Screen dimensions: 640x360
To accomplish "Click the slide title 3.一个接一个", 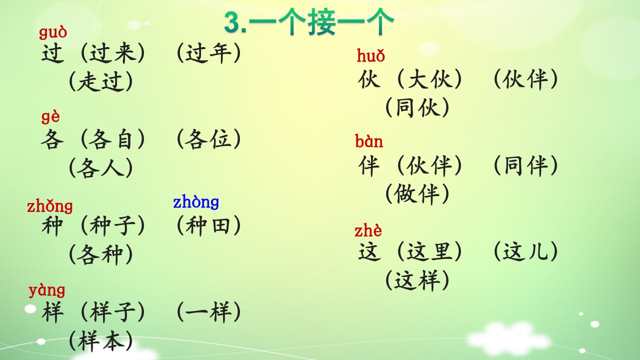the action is pyautogui.click(x=309, y=22).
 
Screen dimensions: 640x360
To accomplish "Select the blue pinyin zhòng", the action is pyautogui.click(x=196, y=202).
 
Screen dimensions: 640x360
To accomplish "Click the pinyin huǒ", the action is pyautogui.click(x=371, y=55).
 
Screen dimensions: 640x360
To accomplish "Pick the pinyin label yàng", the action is pyautogui.click(x=47, y=290).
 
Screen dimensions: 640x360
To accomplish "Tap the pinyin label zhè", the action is pyautogui.click(x=368, y=230).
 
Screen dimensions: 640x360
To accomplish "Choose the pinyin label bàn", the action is pyautogui.click(x=369, y=141).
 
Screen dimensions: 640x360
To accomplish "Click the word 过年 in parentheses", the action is pyautogui.click(x=209, y=53).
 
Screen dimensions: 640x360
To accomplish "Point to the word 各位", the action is pyautogui.click(x=208, y=139).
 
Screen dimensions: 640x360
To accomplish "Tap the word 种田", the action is pyautogui.click(x=208, y=225).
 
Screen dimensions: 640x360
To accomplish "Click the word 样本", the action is pyautogui.click(x=101, y=341).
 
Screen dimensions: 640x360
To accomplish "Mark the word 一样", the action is pyautogui.click(x=208, y=311).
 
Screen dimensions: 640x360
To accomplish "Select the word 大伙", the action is pyautogui.click(x=429, y=79).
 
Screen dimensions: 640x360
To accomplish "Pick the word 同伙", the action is pyautogui.click(x=417, y=107).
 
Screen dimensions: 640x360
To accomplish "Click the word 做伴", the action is pyautogui.click(x=417, y=194).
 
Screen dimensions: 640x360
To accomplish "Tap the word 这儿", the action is pyautogui.click(x=525, y=251).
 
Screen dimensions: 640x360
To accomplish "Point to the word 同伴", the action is pyautogui.click(x=525, y=165).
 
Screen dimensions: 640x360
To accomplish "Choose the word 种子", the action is pyautogui.click(x=112, y=225).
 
